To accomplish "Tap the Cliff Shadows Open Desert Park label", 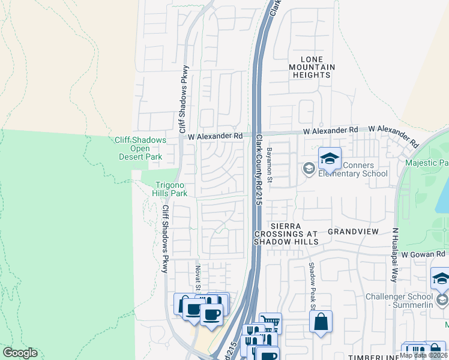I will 140,148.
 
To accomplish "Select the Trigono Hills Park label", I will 172,189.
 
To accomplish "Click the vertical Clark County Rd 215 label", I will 260,170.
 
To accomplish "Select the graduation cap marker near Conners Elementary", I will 329,159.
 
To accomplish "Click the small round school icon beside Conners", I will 309,169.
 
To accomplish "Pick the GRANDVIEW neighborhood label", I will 353,231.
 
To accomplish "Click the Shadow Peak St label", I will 312,286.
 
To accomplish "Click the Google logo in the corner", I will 20,353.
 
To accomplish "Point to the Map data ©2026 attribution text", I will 423,355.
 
